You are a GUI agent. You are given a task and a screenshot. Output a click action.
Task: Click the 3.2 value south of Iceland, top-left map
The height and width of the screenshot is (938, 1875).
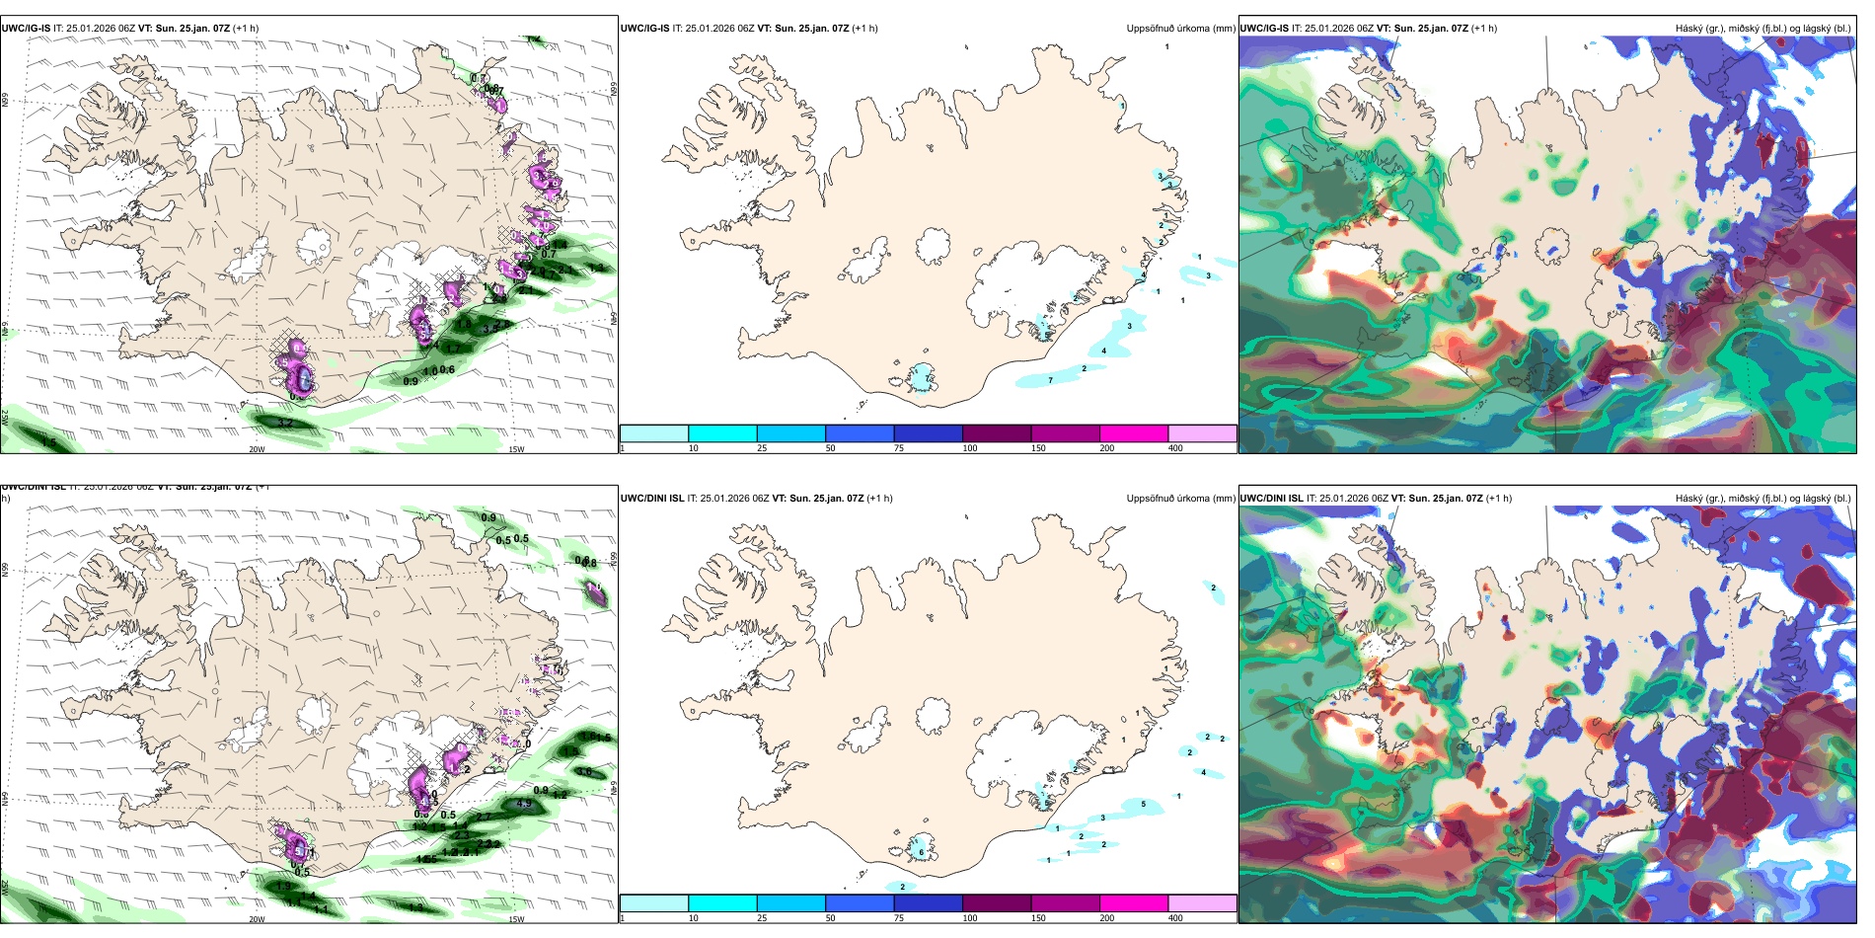coord(286,424)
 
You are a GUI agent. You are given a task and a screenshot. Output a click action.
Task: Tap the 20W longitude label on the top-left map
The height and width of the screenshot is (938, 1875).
coord(257,449)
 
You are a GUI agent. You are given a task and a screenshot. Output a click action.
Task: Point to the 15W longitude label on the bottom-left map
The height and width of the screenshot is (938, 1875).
coord(516,919)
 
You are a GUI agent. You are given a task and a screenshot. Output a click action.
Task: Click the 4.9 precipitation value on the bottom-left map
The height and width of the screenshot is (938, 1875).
coord(524,804)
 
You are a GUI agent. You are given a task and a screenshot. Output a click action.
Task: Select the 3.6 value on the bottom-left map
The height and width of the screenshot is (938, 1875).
coord(584,772)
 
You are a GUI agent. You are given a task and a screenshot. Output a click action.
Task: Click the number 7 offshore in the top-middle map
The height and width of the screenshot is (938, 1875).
coord(1050,380)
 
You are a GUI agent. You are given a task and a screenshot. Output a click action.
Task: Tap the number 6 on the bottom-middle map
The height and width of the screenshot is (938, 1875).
coord(921,851)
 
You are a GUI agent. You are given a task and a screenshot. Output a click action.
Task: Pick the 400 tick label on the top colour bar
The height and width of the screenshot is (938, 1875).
coord(1175,448)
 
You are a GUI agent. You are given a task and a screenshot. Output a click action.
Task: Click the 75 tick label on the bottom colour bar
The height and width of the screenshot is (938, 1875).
coord(899,918)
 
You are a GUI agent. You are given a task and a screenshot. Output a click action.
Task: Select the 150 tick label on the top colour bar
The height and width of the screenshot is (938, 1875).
coord(1038,448)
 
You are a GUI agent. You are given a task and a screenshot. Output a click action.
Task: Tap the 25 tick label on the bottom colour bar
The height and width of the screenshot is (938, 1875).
coord(762,918)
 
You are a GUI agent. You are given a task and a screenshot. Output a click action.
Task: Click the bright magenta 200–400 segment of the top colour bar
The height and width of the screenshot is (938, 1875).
coord(1134,433)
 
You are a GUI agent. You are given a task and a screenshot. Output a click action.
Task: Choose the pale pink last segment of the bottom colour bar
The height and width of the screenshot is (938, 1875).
coord(1202,903)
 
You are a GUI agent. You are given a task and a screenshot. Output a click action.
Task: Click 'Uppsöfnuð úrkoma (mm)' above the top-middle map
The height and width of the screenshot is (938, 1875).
coord(1180,29)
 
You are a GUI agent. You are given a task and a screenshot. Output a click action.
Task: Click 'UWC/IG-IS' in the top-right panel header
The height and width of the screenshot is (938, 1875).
coord(1264,29)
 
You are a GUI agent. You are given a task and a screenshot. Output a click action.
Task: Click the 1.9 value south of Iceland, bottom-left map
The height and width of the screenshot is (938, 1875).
coord(284,887)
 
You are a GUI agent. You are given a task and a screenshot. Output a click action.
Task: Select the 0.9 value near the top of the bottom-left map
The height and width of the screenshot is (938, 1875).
coord(488,518)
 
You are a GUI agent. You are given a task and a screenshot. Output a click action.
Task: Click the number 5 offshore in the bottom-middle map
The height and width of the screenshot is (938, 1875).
coord(1143,805)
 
